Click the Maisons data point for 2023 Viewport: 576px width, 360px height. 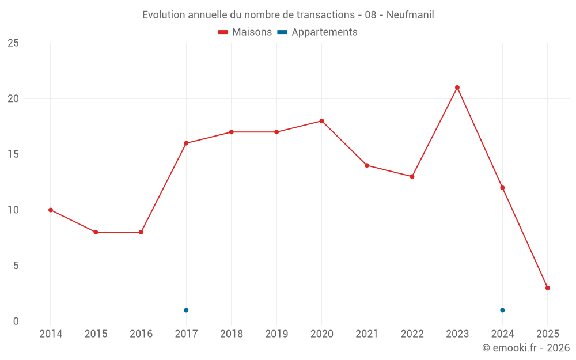457,88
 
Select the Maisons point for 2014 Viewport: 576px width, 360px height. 51,210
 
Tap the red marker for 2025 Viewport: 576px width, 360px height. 547,288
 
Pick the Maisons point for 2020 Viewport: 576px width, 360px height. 321,121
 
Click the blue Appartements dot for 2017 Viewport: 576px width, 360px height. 186,310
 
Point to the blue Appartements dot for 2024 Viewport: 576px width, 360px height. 502,310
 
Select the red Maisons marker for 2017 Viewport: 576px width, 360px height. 186,143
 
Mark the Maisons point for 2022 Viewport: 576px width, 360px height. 412,177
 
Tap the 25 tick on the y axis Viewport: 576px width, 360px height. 13,43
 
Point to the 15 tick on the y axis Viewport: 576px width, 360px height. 13,154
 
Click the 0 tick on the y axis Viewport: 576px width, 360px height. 16,321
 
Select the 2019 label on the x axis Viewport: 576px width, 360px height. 276,334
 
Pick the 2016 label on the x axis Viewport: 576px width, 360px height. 141,334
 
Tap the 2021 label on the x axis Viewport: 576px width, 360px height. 367,334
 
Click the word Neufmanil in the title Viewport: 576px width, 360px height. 410,14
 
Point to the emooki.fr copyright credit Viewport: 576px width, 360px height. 525,348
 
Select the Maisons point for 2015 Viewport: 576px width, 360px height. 96,232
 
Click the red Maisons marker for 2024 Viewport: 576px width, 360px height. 502,188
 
